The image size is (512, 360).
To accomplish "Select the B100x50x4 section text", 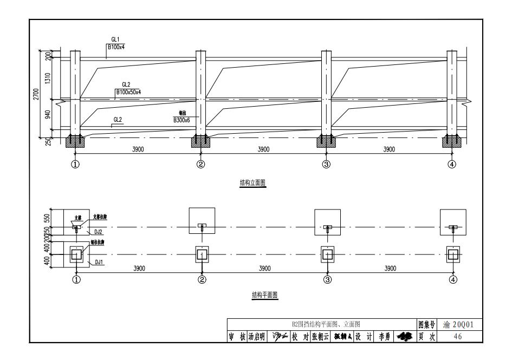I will pos(128,93).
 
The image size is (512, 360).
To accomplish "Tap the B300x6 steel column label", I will pos(182,120).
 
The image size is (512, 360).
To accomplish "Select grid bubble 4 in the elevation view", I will pos(452,165).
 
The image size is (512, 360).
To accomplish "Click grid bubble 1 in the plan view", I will pos(76,280).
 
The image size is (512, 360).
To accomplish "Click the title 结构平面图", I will pos(263,295).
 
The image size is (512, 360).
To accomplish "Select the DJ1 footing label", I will pos(99,261).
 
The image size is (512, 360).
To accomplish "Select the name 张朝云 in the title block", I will pos(321,336).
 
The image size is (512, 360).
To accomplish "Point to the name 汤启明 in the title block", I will pos(256,336).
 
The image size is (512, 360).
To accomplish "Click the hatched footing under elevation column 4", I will pos(452,142).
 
